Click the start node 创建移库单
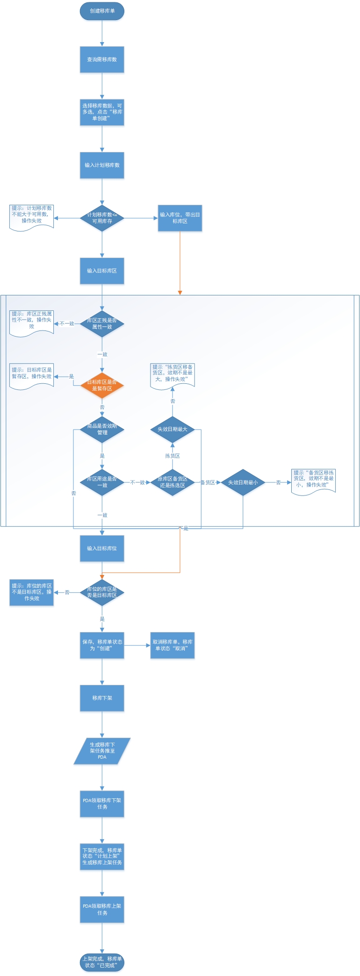point(102,11)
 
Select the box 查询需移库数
point(102,59)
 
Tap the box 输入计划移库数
point(102,165)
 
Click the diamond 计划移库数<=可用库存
point(102,218)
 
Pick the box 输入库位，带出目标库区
point(180,218)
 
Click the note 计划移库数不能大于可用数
point(32,216)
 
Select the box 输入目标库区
point(102,271)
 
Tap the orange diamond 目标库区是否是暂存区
point(102,385)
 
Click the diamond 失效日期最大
point(173,429)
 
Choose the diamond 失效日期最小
point(243,482)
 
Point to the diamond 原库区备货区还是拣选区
point(173,482)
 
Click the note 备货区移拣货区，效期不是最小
point(313,481)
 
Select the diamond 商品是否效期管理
point(102,429)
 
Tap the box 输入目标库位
point(102,548)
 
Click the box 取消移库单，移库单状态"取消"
point(173,645)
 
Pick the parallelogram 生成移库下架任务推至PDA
point(102,751)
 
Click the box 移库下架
point(102,698)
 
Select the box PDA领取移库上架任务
point(102,909)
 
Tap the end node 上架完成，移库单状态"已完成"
point(102,962)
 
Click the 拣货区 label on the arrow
point(173,456)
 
